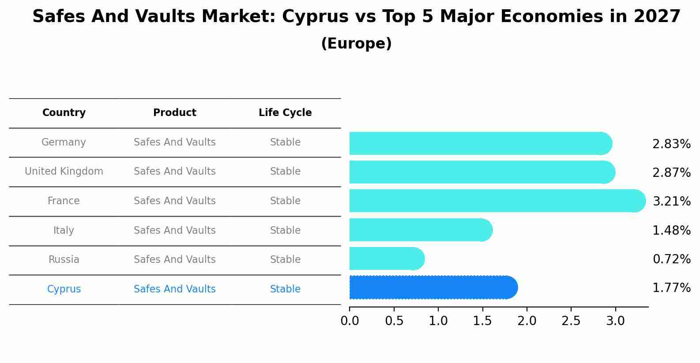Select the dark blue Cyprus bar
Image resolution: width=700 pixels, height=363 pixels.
pos(433,288)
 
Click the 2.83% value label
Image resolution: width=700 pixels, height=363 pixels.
pos(671,144)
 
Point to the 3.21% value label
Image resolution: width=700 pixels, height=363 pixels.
pos(671,202)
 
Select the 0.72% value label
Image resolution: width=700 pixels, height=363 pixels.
pos(671,259)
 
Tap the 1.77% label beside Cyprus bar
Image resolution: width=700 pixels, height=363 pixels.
pos(671,288)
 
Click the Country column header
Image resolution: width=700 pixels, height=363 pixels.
pos(64,113)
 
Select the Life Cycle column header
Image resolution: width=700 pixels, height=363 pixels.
pos(285,113)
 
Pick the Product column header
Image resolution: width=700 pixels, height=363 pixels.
pos(174,113)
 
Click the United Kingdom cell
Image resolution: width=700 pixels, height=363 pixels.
pos(64,172)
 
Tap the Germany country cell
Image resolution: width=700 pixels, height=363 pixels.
pos(64,142)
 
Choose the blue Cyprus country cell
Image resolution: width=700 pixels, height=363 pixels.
pos(64,289)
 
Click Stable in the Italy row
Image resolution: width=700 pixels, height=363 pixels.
pos(285,231)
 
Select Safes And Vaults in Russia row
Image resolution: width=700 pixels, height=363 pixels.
pos(174,260)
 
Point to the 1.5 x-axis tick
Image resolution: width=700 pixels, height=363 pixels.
pos(482,321)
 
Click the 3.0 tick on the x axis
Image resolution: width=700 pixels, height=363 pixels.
pos(615,321)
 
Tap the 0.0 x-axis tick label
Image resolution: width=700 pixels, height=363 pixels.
pos(350,321)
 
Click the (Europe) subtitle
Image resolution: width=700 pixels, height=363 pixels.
pos(356,44)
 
